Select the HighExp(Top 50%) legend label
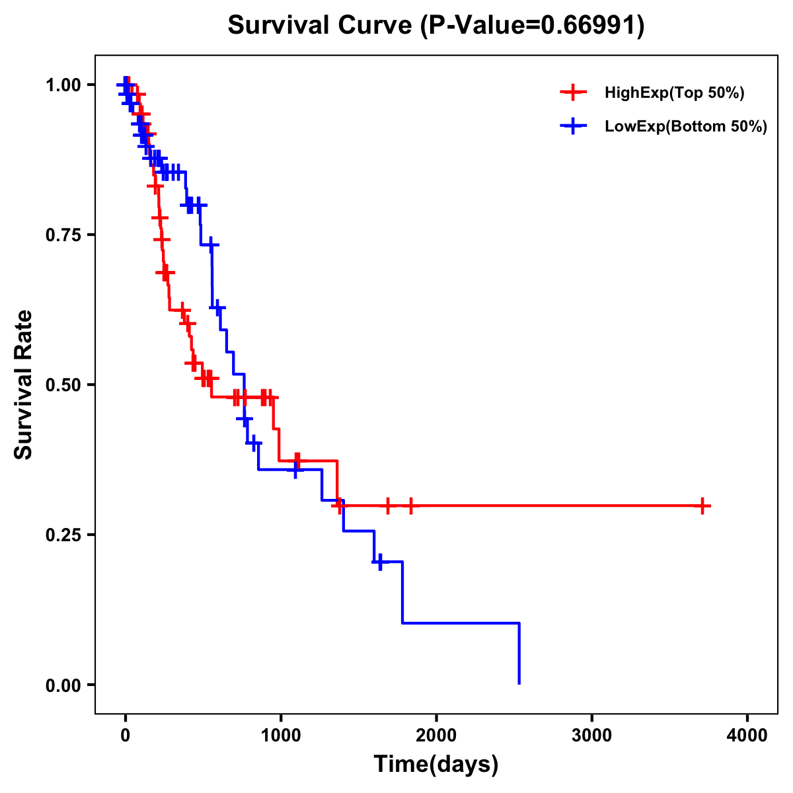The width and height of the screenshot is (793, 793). click(675, 93)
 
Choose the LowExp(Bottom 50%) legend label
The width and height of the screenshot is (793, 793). click(686, 127)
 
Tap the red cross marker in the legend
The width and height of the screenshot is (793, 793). click(573, 93)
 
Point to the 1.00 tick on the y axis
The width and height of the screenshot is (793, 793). click(63, 85)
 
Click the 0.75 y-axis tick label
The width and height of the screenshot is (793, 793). click(63, 235)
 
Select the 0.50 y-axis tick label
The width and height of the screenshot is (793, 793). click(63, 385)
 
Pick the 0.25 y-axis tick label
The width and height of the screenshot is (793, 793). click(63, 535)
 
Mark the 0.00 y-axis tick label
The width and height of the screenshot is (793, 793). click(63, 685)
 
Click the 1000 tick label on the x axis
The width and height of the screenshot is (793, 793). click(280, 736)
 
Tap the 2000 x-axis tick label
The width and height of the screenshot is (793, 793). click(436, 736)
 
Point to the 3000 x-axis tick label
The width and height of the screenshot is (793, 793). click(591, 736)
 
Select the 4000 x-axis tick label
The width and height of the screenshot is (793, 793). click(747, 736)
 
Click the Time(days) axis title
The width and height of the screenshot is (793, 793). click(436, 765)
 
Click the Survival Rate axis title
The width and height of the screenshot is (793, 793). click(24, 385)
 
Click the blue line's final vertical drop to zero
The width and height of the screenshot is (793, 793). click(519, 654)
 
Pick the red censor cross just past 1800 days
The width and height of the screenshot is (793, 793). click(410, 506)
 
